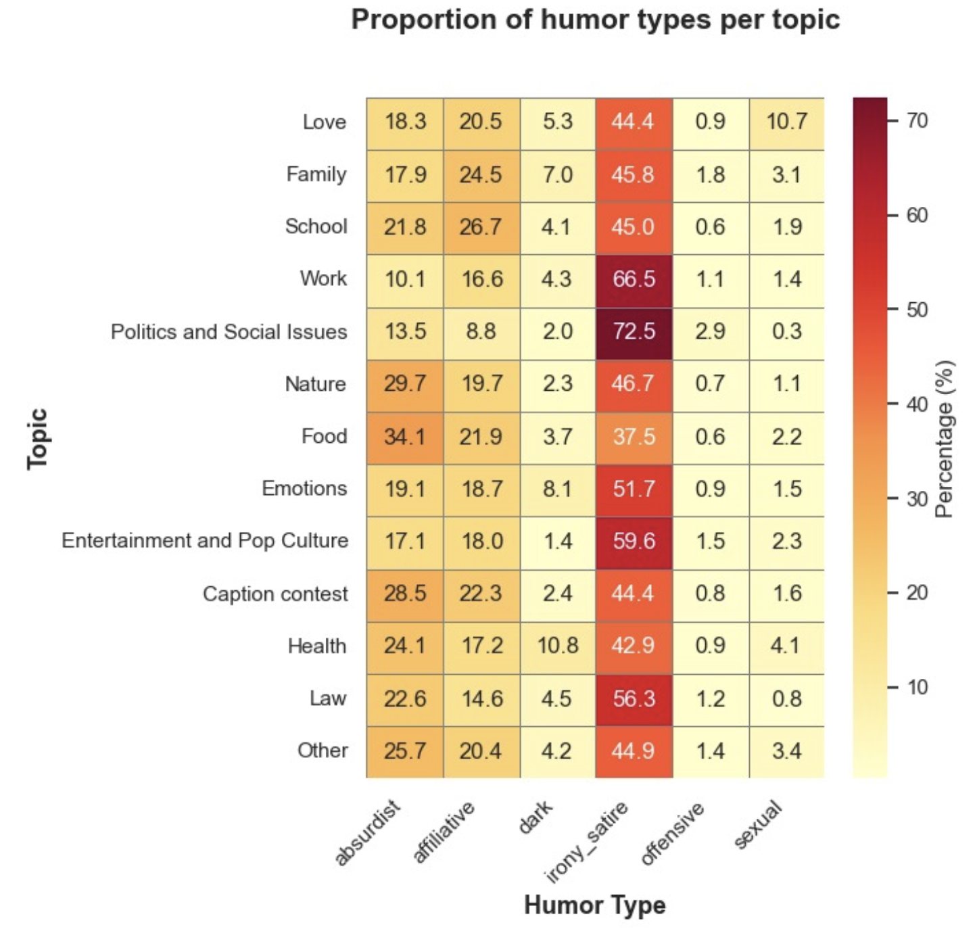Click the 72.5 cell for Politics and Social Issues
(634, 332)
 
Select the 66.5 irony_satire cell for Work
(634, 279)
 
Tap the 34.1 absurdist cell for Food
(404, 437)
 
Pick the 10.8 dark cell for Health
(557, 646)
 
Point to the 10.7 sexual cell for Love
(786, 122)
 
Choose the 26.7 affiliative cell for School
(481, 227)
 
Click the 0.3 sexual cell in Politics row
(786, 332)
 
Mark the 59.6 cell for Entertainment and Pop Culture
(634, 541)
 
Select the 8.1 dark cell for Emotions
(557, 489)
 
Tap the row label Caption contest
(275, 594)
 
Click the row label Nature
(315, 384)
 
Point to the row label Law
(328, 698)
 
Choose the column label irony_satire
(587, 842)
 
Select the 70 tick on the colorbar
(917, 121)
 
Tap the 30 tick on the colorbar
(917, 499)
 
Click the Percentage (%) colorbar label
(945, 439)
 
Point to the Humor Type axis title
(594, 905)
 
